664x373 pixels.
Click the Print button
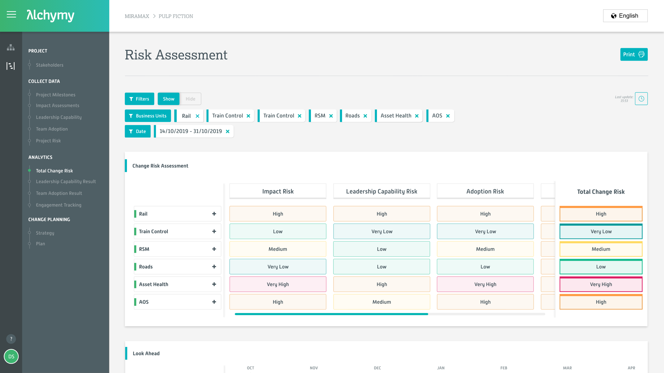click(x=633, y=54)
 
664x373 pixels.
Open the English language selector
click(x=625, y=16)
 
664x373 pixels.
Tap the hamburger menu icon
click(x=11, y=14)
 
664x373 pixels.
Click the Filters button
click(x=139, y=99)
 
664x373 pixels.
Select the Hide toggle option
click(x=190, y=99)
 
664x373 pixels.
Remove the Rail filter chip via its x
click(x=197, y=116)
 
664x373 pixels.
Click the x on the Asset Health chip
click(x=417, y=116)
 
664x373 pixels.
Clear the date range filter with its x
click(x=228, y=131)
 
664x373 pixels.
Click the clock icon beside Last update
click(x=641, y=99)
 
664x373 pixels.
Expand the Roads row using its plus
click(x=214, y=267)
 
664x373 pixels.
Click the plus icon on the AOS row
click(x=214, y=302)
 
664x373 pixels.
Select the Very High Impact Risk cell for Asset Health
click(x=278, y=284)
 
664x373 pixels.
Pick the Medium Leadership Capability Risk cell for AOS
click(x=381, y=302)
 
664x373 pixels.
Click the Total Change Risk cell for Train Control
click(x=601, y=231)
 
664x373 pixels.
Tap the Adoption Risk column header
click(x=485, y=191)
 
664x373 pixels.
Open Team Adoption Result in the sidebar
click(x=59, y=193)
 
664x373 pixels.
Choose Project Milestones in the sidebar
click(x=55, y=95)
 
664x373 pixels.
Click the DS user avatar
click(x=11, y=357)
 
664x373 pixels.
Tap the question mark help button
click(x=11, y=339)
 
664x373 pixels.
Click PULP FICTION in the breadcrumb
click(x=175, y=16)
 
